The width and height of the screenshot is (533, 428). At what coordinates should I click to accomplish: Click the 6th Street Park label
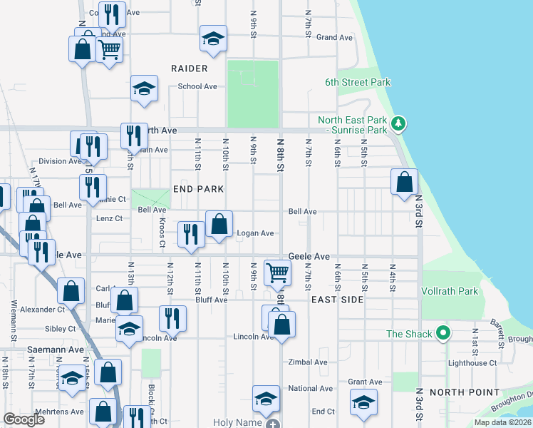[358, 82]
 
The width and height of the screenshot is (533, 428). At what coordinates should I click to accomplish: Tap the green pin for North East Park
[399, 124]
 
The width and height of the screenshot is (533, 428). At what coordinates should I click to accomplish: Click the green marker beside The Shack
[443, 333]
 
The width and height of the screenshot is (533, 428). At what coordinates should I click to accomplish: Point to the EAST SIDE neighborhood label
[337, 300]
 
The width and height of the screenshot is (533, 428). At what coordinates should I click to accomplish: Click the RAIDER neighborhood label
[190, 68]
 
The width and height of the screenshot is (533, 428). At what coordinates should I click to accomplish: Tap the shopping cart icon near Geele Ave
[277, 271]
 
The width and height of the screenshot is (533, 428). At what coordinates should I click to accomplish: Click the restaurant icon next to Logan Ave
[190, 233]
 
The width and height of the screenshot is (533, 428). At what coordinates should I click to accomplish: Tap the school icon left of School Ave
[144, 88]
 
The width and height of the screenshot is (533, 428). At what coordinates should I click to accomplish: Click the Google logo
[24, 419]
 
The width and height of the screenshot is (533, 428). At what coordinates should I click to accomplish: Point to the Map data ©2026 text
[502, 422]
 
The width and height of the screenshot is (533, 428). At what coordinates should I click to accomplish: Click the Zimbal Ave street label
[307, 362]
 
